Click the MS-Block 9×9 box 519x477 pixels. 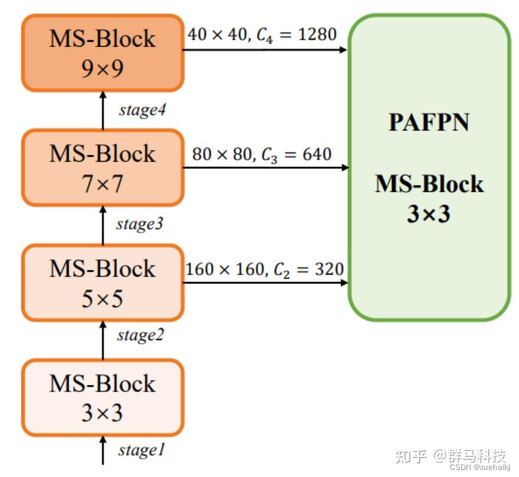(x=102, y=53)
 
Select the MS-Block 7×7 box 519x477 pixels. (x=102, y=168)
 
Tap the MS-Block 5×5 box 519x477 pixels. (x=102, y=283)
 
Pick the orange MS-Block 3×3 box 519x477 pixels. (x=102, y=398)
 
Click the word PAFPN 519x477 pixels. (x=429, y=122)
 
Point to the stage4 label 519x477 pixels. (x=142, y=110)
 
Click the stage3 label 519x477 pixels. (x=140, y=224)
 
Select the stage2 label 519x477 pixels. (x=140, y=335)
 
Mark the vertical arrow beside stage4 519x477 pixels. (x=103, y=110)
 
